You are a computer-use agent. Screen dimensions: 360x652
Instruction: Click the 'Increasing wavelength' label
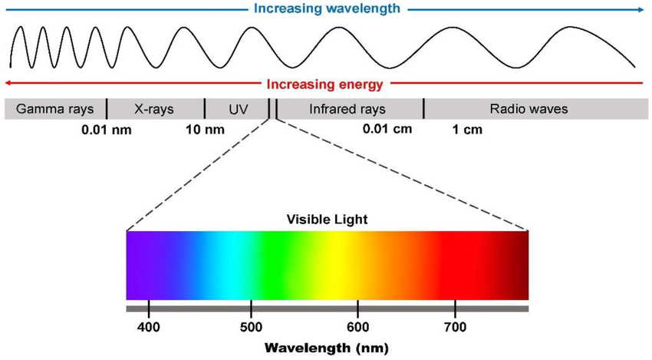click(x=328, y=9)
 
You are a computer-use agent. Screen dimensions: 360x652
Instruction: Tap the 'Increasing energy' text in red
click(x=328, y=84)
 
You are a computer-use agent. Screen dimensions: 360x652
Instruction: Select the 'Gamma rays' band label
click(x=54, y=109)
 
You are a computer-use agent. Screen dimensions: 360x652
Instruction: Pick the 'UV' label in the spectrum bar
click(x=239, y=109)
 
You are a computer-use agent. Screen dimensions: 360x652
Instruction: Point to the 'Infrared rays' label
click(x=347, y=109)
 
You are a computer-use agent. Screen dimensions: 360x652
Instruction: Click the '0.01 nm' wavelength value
click(x=107, y=129)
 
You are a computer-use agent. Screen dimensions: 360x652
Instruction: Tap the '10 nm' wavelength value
click(x=205, y=129)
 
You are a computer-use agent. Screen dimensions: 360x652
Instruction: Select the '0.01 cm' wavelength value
click(x=387, y=128)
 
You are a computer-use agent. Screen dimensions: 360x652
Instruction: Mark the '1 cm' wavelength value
click(x=467, y=129)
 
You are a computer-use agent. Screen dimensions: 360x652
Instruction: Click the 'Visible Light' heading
click(x=328, y=220)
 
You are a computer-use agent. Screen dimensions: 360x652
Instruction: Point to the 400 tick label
click(x=149, y=328)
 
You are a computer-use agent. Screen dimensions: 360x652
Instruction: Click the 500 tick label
click(x=251, y=328)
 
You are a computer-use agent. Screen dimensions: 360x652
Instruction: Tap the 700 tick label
click(x=456, y=328)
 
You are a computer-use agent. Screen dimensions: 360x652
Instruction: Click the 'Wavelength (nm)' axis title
click(x=328, y=347)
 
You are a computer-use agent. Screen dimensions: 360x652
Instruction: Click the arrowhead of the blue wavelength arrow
click(x=640, y=10)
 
